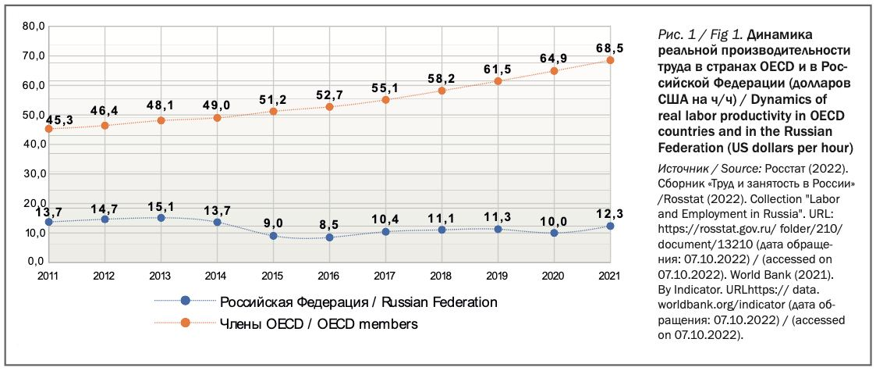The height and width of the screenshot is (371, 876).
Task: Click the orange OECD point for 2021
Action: [610, 60]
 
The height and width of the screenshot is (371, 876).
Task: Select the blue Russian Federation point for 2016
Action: [329, 237]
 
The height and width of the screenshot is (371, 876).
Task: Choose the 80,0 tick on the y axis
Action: [34, 26]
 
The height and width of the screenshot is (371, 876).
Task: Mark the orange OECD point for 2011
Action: [48, 128]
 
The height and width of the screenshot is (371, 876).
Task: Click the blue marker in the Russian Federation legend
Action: [185, 301]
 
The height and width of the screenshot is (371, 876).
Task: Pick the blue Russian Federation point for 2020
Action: [554, 233]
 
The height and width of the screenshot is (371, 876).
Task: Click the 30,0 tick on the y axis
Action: [34, 173]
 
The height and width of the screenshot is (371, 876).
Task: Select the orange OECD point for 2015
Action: [273, 111]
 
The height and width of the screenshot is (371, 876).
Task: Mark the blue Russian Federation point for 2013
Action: [161, 218]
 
